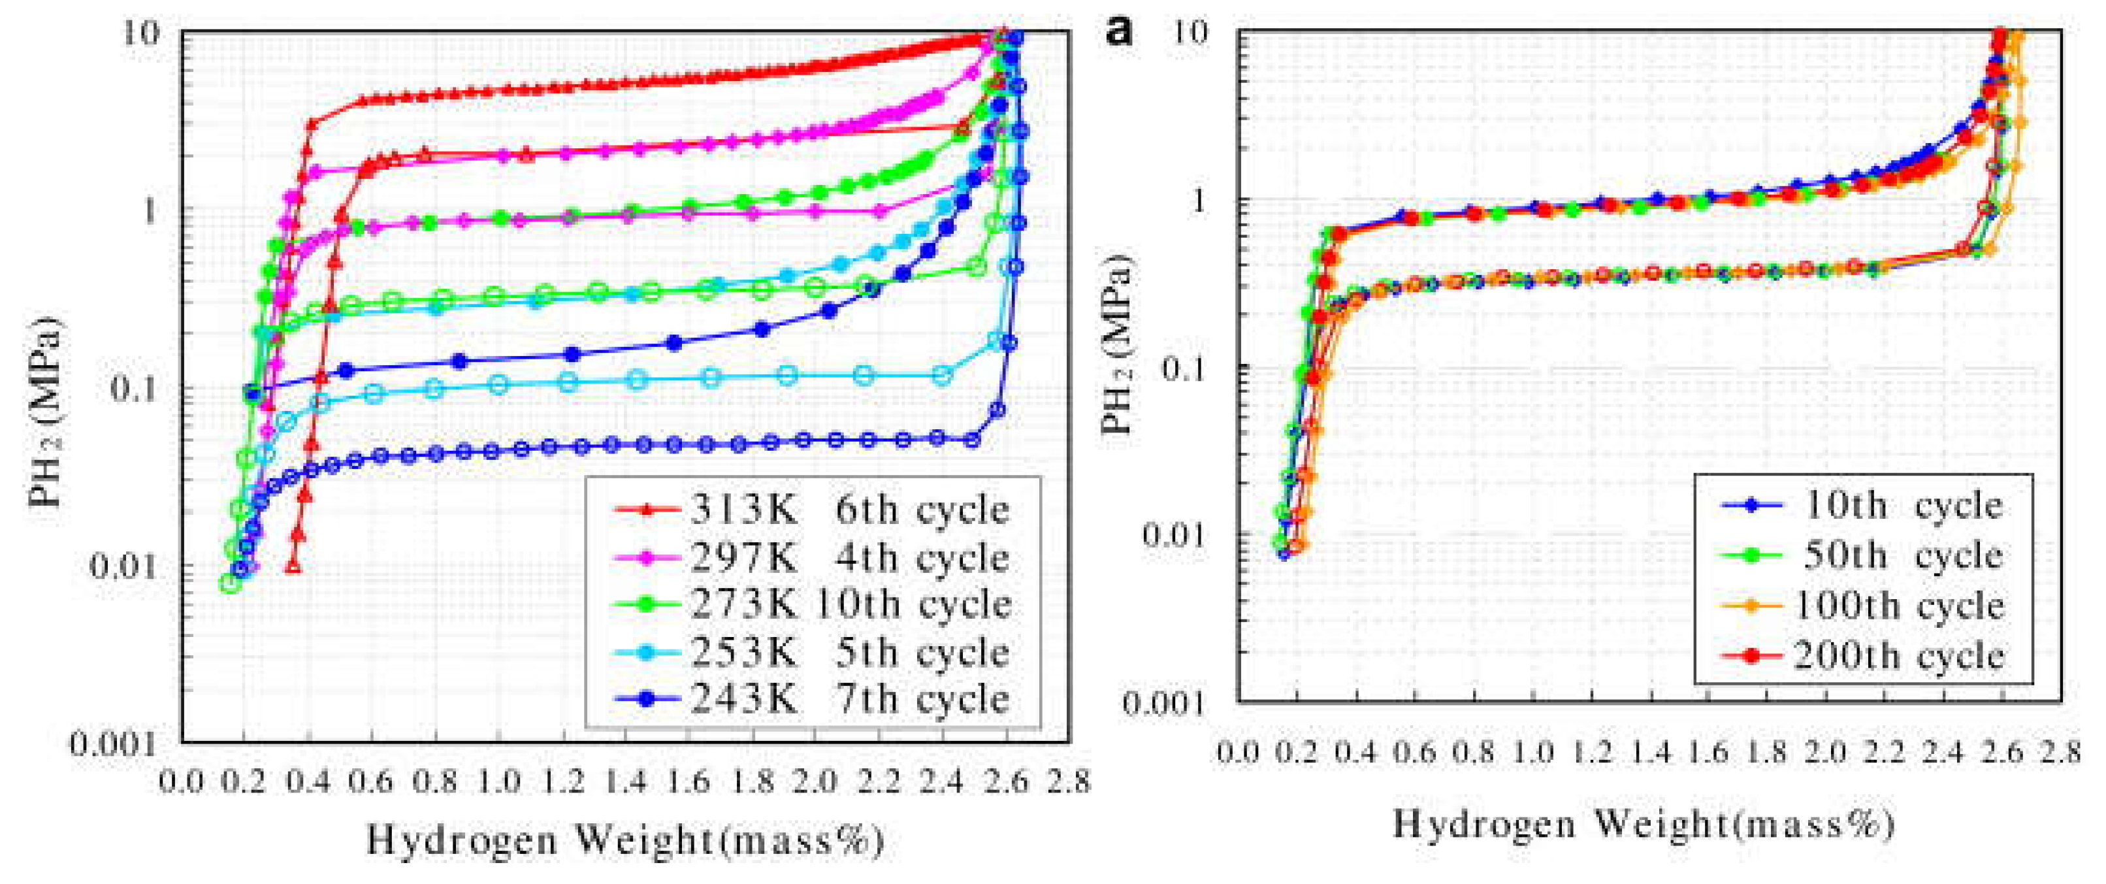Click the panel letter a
coord(1118,33)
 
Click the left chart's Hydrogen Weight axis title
coord(625,840)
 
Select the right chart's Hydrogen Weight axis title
coord(1644,823)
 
